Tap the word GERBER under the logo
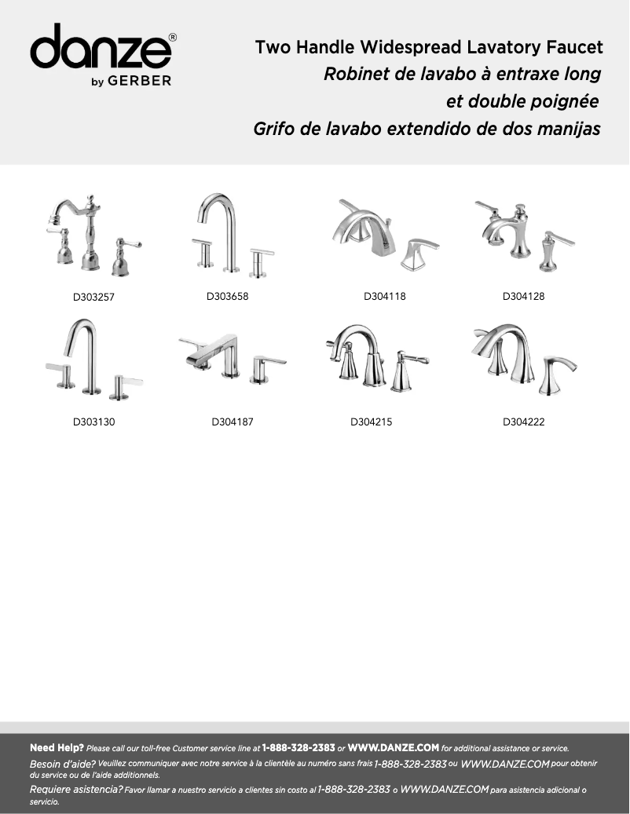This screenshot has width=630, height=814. click(x=145, y=80)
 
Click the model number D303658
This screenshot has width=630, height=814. click(x=227, y=297)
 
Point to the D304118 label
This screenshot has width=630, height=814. click(x=384, y=297)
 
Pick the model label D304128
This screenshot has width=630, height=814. click(x=523, y=297)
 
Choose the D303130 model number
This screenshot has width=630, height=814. click(x=94, y=422)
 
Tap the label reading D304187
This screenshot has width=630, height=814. click(x=233, y=422)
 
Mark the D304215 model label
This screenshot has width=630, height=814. click(x=371, y=422)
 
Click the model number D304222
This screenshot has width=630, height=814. click(x=523, y=422)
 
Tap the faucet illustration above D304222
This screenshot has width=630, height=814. click(x=523, y=357)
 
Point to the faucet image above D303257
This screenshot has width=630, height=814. click(x=90, y=235)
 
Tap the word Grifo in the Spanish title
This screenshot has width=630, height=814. click(x=274, y=129)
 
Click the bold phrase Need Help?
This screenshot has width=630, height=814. click(x=57, y=748)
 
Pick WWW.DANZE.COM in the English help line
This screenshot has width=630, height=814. click(x=393, y=748)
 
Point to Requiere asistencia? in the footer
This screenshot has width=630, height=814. click(x=75, y=789)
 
